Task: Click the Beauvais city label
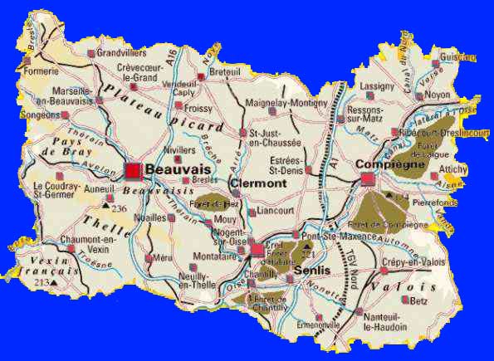point(174,169)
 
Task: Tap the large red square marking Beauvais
point(133,169)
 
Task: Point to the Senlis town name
point(312,271)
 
